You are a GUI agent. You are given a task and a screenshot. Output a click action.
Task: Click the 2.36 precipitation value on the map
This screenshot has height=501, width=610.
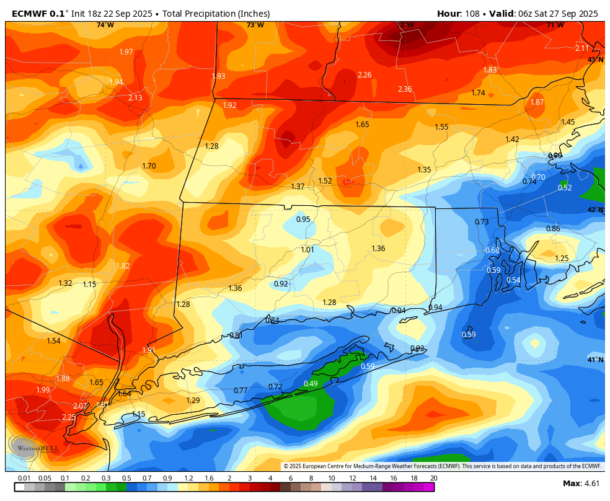pyautogui.click(x=405, y=89)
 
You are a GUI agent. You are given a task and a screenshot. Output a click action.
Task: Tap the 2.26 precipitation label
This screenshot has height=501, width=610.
pyautogui.click(x=365, y=75)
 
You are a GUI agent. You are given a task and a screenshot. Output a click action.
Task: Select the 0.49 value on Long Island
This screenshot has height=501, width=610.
pyautogui.click(x=311, y=384)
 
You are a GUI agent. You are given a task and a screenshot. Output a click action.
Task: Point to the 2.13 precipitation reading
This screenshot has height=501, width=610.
pyautogui.click(x=135, y=98)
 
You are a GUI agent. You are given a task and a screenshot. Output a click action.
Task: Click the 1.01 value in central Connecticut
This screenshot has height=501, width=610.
pyautogui.click(x=307, y=250)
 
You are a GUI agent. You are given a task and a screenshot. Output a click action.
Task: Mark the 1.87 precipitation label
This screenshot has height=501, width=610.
pyautogui.click(x=537, y=102)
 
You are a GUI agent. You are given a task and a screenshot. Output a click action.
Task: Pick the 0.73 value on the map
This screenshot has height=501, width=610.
pyautogui.click(x=482, y=222)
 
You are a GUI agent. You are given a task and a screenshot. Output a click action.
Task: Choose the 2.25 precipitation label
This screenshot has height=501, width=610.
pyautogui.click(x=69, y=417)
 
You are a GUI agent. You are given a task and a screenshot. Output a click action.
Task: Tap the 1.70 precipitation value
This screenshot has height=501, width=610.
pyautogui.click(x=149, y=166)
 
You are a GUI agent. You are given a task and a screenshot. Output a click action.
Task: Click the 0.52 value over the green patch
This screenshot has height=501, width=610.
pyautogui.click(x=565, y=188)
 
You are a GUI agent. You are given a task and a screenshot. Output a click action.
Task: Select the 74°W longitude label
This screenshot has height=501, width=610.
pyautogui.click(x=105, y=25)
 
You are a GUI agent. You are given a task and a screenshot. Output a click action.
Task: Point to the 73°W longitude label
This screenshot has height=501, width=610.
pyautogui.click(x=255, y=25)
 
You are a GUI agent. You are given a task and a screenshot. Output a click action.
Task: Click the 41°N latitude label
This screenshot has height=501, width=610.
pyautogui.click(x=595, y=360)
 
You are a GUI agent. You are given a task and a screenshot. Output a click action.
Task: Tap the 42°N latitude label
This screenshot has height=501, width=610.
pyautogui.click(x=595, y=210)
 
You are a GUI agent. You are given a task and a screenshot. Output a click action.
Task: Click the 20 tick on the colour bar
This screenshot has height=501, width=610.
pyautogui.click(x=433, y=478)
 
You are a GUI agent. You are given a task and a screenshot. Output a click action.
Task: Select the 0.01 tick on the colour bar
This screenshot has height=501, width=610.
pyautogui.click(x=24, y=478)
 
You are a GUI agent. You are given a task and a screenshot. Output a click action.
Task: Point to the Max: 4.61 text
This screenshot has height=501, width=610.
pyautogui.click(x=581, y=483)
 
